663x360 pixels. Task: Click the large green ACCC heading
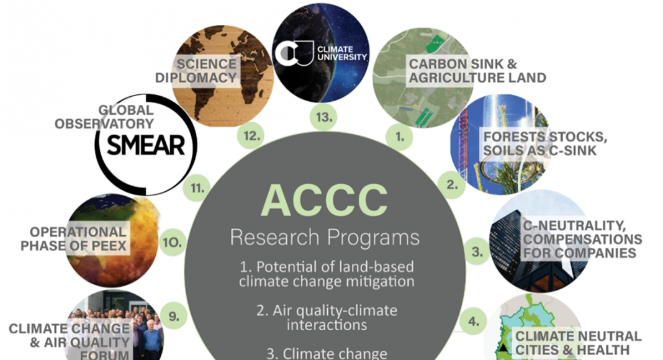324,200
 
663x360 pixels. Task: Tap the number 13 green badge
324,117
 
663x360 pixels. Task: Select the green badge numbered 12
251,136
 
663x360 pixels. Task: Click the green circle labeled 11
197,187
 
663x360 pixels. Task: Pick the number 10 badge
173,242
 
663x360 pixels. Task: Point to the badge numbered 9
174,316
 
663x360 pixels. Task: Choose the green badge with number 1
400,137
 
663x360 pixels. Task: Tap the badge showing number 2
452,184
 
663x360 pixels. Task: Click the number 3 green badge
477,252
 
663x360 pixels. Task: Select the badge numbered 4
474,321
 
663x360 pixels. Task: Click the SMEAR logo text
146,145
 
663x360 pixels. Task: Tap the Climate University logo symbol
294,53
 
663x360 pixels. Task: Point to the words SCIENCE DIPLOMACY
196,71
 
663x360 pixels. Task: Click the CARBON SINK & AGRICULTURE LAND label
477,71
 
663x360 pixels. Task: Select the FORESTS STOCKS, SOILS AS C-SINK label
545,143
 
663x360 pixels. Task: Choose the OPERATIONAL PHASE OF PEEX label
74,239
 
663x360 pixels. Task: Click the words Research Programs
325,238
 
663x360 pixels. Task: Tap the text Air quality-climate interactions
327,318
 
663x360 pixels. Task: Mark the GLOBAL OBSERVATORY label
104,117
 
